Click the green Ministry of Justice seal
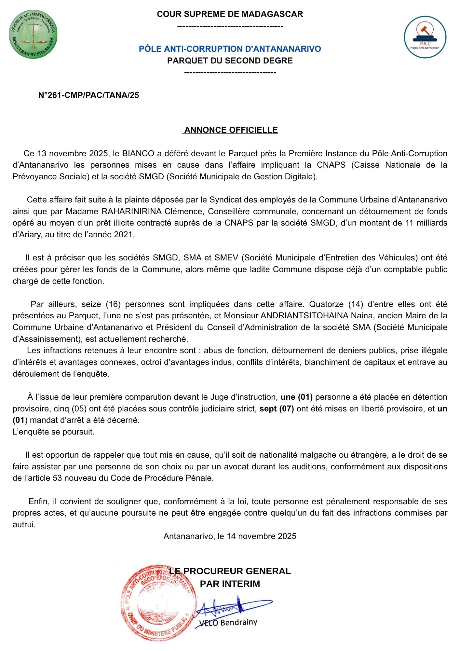tap(34, 35)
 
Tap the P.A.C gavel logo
tap(425, 37)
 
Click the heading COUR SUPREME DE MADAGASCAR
tap(230, 14)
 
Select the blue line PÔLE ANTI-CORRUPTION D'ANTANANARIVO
tap(230, 49)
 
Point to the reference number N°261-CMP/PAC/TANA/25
tap(88, 95)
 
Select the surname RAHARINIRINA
tap(131, 211)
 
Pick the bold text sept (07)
tap(277, 409)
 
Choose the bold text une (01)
tap(296, 397)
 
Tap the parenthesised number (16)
tap(113, 304)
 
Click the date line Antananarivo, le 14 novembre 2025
tap(230, 536)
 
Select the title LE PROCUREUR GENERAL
tap(230, 571)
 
